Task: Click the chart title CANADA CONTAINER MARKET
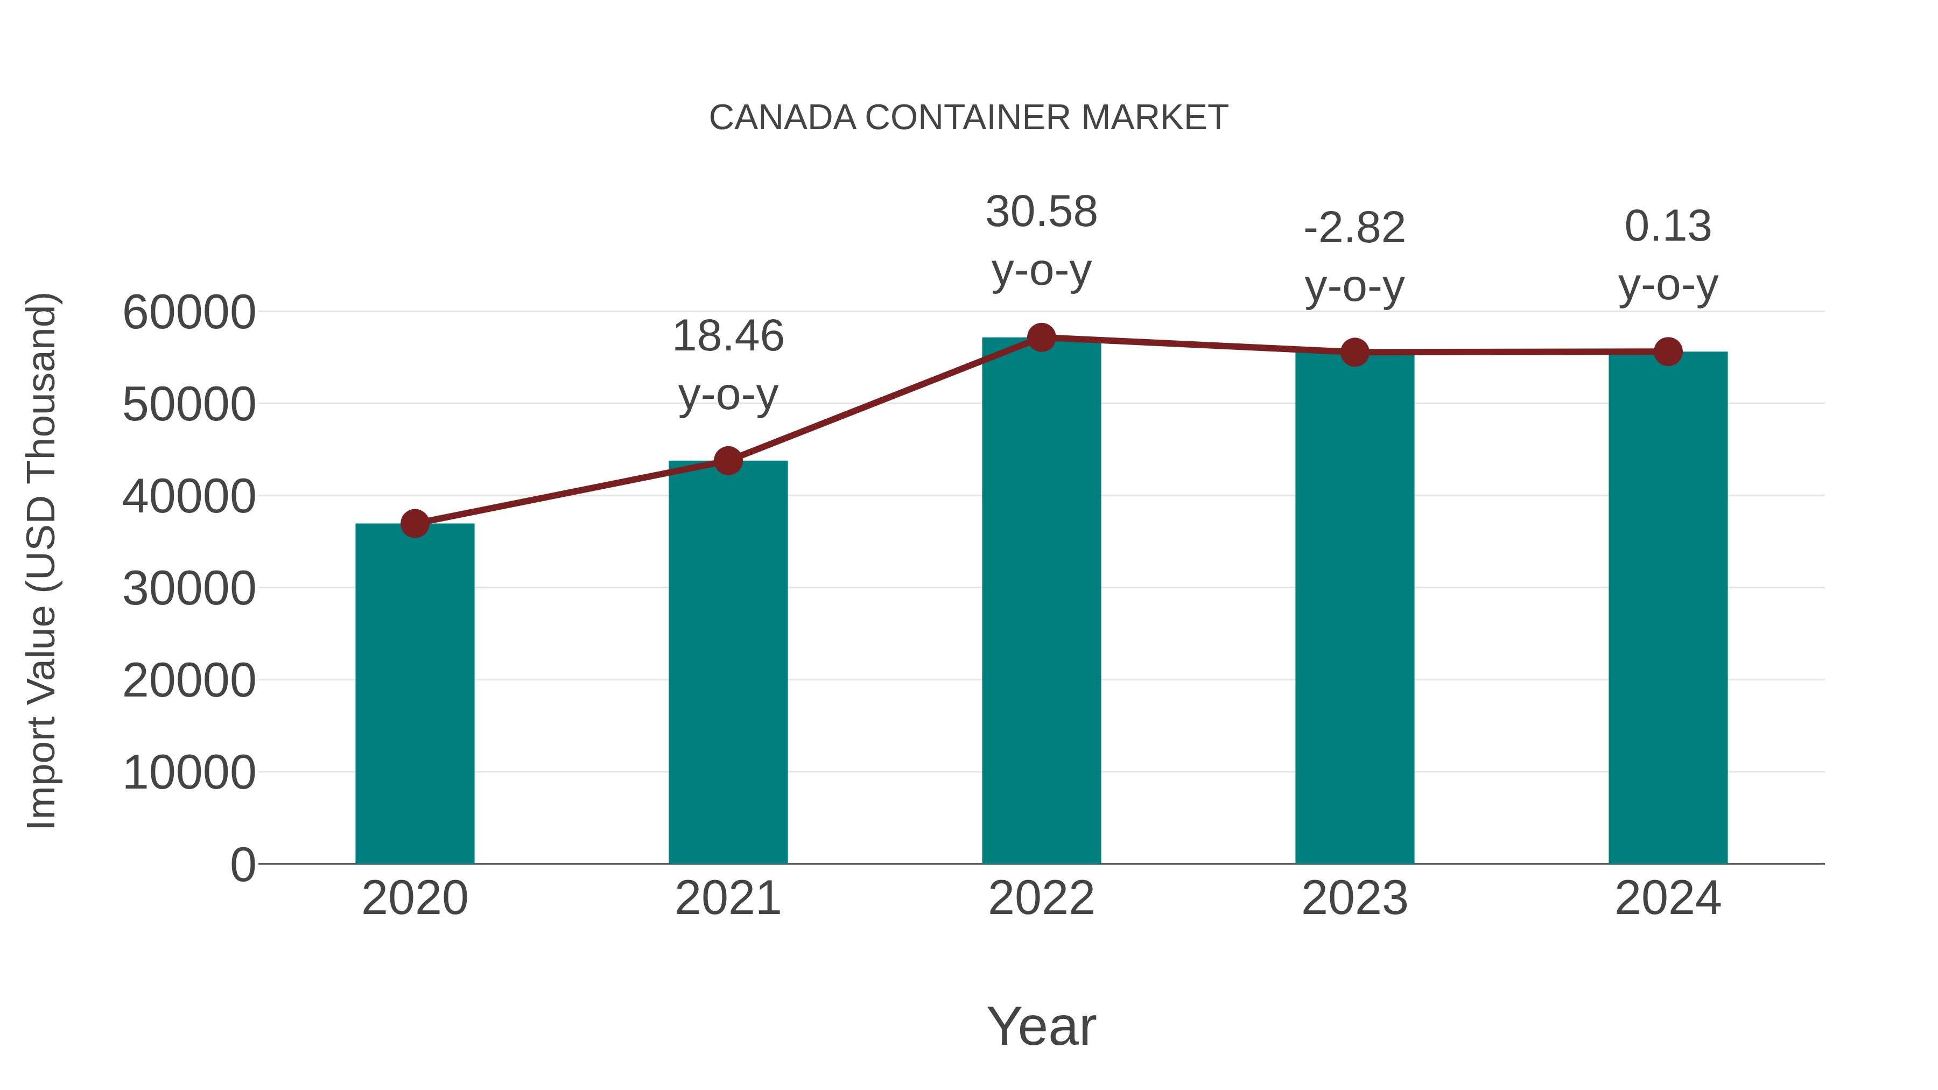tap(968, 118)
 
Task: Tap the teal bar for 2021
tap(727, 662)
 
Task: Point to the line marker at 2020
tap(415, 524)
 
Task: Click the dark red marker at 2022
tap(1041, 337)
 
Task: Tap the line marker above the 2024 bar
tap(1668, 351)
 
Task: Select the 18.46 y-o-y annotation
tap(727, 365)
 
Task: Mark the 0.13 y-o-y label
tap(1668, 255)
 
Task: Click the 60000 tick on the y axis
tap(189, 312)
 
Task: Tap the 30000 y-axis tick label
tap(189, 588)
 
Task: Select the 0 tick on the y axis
tap(242, 864)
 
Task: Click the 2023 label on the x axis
tap(1354, 898)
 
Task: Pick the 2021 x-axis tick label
tap(727, 898)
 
